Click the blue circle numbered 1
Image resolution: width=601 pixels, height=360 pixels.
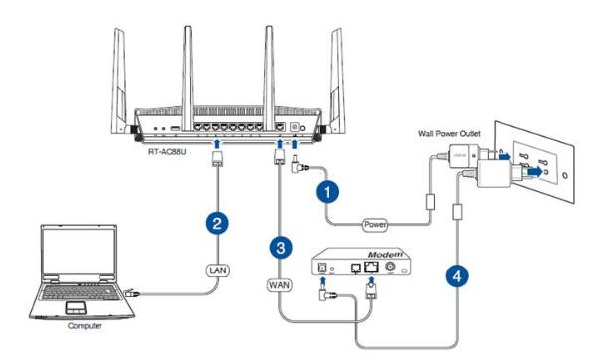(x=327, y=191)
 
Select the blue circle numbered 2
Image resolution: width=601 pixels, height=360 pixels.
(x=217, y=223)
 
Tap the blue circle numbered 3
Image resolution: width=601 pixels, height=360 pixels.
(x=281, y=247)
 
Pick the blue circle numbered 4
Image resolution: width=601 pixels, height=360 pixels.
(x=457, y=275)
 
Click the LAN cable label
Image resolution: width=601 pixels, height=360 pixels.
(x=218, y=270)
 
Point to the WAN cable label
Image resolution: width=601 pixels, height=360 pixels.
(x=279, y=285)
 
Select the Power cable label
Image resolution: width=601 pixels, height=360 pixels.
(x=375, y=224)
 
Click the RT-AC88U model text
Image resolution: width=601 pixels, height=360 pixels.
(x=167, y=152)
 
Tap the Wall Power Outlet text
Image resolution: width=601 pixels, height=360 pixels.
(x=449, y=133)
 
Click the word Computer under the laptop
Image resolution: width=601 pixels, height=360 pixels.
(x=85, y=326)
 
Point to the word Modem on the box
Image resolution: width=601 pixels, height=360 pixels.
(x=386, y=255)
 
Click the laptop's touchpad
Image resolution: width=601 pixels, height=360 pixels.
(x=75, y=307)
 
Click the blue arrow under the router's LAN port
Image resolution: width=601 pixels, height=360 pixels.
(x=217, y=144)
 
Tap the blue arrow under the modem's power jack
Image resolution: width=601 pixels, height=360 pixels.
(x=322, y=283)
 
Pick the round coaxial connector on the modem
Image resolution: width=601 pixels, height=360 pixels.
(x=391, y=267)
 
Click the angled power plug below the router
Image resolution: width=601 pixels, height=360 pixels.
(x=298, y=164)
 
